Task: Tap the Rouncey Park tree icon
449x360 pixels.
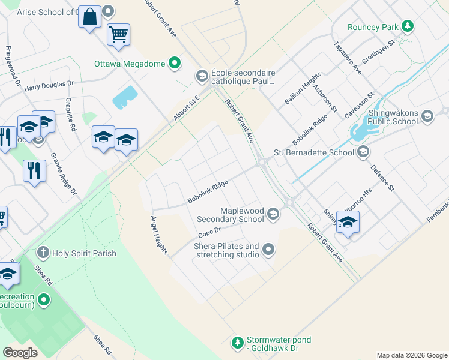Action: click(x=408, y=26)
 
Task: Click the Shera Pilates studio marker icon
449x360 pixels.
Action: click(x=268, y=249)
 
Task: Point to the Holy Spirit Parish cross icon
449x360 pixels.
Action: click(x=43, y=252)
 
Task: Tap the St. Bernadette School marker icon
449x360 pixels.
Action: click(x=363, y=152)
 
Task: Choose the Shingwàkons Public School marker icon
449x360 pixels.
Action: click(x=427, y=116)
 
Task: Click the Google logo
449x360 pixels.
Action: click(x=20, y=353)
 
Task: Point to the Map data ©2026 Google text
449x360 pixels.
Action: click(x=411, y=355)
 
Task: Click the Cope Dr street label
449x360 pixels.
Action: click(x=209, y=231)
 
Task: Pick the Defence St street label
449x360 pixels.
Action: click(x=382, y=178)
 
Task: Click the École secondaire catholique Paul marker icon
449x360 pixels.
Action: click(x=202, y=76)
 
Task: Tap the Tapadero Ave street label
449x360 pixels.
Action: click(x=348, y=58)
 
